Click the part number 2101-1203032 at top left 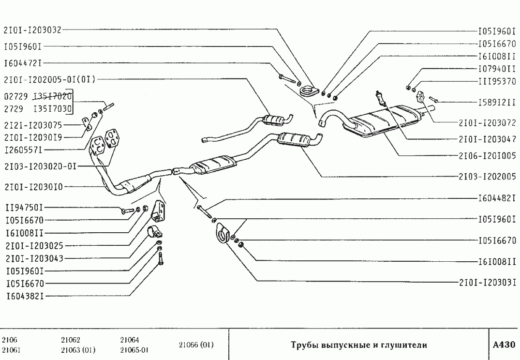[32, 30]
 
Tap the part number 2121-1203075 [32, 124]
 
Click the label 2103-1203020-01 [40, 165]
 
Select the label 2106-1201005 [487, 156]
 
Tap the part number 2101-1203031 [487, 282]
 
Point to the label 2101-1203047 [487, 138]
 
